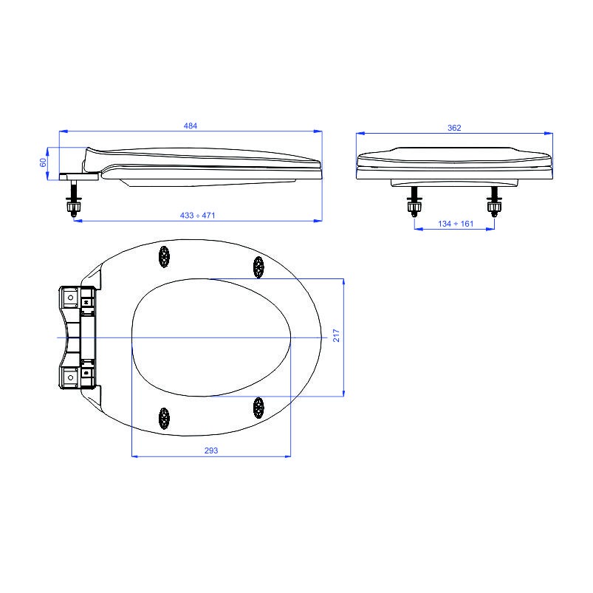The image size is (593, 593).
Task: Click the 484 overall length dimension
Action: click(x=191, y=126)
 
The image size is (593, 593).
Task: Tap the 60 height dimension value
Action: click(x=43, y=162)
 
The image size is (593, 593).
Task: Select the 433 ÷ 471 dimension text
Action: click(x=197, y=216)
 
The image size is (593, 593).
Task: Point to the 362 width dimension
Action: click(x=454, y=128)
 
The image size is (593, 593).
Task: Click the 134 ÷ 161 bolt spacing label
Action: click(x=456, y=224)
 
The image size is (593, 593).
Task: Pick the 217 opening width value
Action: click(x=336, y=335)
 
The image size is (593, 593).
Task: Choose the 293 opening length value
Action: click(x=211, y=450)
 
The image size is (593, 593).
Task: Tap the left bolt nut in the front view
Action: click(x=414, y=207)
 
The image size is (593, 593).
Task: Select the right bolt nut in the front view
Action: click(x=494, y=207)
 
